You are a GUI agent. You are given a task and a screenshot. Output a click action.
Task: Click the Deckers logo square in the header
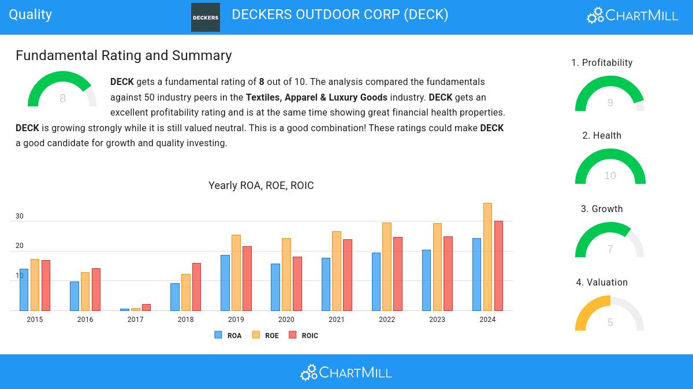click(206, 17)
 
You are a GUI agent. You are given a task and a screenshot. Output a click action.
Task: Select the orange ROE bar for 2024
click(487, 257)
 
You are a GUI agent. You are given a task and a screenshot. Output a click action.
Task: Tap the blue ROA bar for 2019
click(225, 283)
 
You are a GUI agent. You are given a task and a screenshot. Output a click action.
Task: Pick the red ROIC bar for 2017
click(146, 308)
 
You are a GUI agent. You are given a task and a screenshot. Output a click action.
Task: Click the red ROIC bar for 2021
click(348, 275)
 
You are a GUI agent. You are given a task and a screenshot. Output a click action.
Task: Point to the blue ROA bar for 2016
click(74, 296)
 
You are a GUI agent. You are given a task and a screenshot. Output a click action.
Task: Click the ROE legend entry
click(266, 335)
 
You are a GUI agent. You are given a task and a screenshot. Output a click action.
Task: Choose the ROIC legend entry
click(303, 335)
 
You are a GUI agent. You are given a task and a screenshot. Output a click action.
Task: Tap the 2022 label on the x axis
click(387, 319)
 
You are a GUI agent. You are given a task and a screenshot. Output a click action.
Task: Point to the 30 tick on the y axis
click(20, 216)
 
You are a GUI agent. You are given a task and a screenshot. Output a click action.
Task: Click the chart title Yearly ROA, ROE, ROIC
click(261, 185)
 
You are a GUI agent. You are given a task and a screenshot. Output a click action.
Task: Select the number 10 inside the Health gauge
click(610, 176)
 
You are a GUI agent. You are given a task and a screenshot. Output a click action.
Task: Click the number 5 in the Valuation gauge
click(610, 322)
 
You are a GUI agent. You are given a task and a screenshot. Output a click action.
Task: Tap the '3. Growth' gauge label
click(602, 209)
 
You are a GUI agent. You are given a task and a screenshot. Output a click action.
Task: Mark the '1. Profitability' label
click(602, 62)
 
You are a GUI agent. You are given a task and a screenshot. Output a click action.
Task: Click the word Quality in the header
click(30, 14)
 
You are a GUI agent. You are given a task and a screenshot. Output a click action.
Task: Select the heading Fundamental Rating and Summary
click(124, 55)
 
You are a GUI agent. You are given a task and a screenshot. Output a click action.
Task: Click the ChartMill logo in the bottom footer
click(346, 372)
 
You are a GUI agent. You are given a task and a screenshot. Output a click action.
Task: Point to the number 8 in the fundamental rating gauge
click(62, 98)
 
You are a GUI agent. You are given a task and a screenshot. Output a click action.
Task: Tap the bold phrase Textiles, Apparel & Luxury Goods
click(316, 97)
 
